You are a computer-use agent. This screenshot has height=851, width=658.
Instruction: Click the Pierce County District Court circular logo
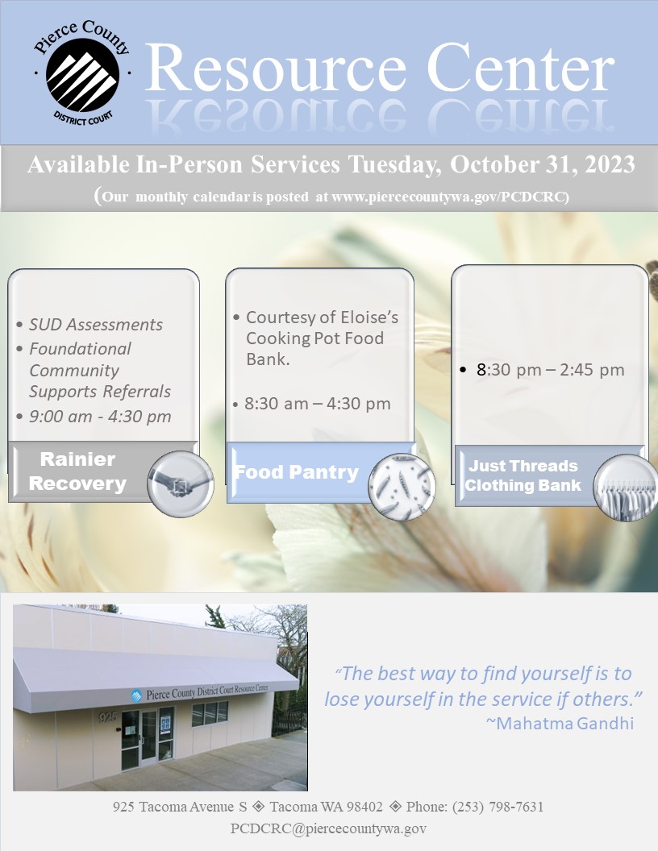point(82,74)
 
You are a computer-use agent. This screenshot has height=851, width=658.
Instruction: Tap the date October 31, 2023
point(543,164)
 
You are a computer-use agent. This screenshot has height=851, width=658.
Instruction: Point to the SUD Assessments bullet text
point(95,325)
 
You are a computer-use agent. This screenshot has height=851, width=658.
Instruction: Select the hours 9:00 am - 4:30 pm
point(100,417)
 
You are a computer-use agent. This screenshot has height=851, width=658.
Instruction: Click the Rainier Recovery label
point(77,471)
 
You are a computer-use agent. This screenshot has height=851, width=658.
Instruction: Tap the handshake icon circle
point(181,484)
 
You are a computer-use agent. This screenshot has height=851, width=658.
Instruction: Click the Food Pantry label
point(297,472)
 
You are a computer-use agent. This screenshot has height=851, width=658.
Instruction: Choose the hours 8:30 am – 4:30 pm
point(318,404)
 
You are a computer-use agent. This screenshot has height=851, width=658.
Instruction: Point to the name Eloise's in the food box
point(365,317)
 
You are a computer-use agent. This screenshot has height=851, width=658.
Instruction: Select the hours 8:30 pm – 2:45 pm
point(551,370)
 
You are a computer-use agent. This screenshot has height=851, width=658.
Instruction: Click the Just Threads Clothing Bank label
point(523,475)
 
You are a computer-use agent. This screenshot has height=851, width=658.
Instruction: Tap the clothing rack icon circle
point(626,488)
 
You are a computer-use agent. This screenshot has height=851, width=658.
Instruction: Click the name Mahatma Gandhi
point(565,724)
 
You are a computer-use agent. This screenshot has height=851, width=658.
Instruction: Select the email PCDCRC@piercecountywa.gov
point(328,828)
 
